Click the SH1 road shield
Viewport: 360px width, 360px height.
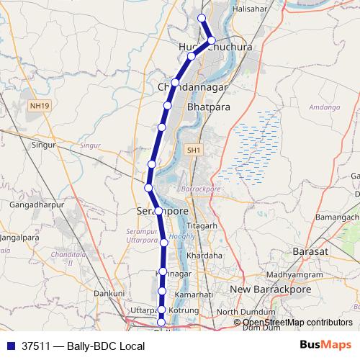coord(192,150)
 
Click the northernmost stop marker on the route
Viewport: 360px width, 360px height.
coord(202,18)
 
